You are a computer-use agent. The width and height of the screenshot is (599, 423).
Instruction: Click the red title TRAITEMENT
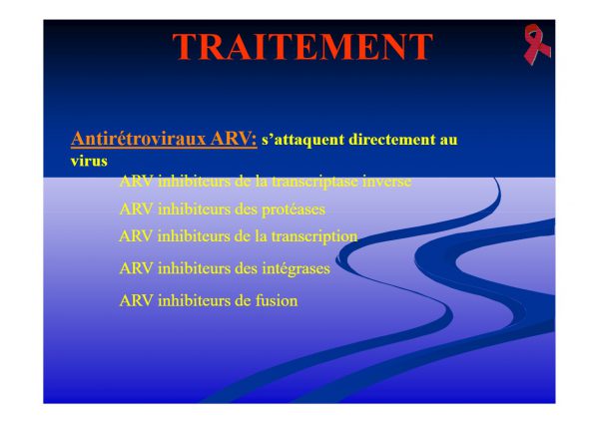coord(302,47)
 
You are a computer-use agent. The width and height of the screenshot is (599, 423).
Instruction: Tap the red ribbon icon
coord(536,44)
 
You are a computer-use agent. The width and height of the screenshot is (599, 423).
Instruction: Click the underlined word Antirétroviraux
coord(139,139)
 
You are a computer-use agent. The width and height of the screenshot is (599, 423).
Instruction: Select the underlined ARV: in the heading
coord(234,139)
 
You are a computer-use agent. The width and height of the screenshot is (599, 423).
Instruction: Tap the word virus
coord(89,161)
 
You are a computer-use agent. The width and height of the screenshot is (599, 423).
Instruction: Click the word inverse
coord(386,181)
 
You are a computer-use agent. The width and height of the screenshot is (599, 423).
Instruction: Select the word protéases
coord(294,210)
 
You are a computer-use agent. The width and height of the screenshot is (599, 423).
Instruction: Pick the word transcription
coord(314,236)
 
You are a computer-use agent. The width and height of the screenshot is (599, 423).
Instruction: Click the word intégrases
coord(297,268)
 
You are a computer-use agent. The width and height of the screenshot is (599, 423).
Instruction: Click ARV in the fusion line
coord(137,301)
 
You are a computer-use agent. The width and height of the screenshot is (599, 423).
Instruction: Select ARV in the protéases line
coord(137,210)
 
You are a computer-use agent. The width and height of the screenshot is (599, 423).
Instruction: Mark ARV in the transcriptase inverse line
coord(137,182)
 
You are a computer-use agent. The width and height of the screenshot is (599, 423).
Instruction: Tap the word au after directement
coord(448,141)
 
